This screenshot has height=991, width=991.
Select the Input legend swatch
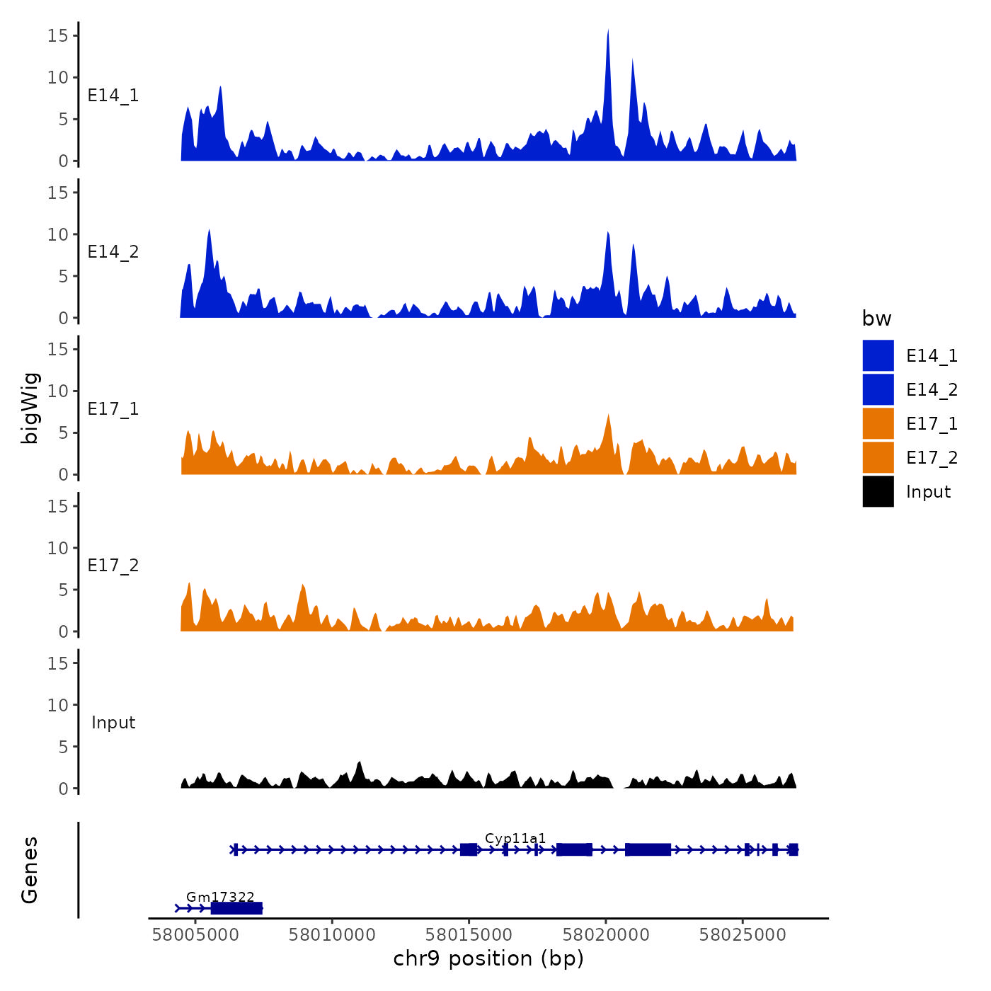[878, 492]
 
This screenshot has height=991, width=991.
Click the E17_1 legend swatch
[878, 424]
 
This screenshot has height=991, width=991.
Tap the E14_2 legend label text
[932, 390]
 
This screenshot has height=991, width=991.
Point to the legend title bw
[876, 319]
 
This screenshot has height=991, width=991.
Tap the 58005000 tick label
[195, 935]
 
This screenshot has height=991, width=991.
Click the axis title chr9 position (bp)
[488, 958]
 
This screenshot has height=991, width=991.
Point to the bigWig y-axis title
[30, 408]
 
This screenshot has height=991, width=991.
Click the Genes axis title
[30, 870]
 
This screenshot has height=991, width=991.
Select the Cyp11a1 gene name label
[515, 839]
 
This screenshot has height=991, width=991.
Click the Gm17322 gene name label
[220, 898]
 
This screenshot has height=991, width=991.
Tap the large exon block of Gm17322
[236, 908]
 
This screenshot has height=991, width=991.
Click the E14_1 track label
[113, 96]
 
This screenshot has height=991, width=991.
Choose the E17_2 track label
[113, 566]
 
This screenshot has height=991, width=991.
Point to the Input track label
[113, 723]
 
